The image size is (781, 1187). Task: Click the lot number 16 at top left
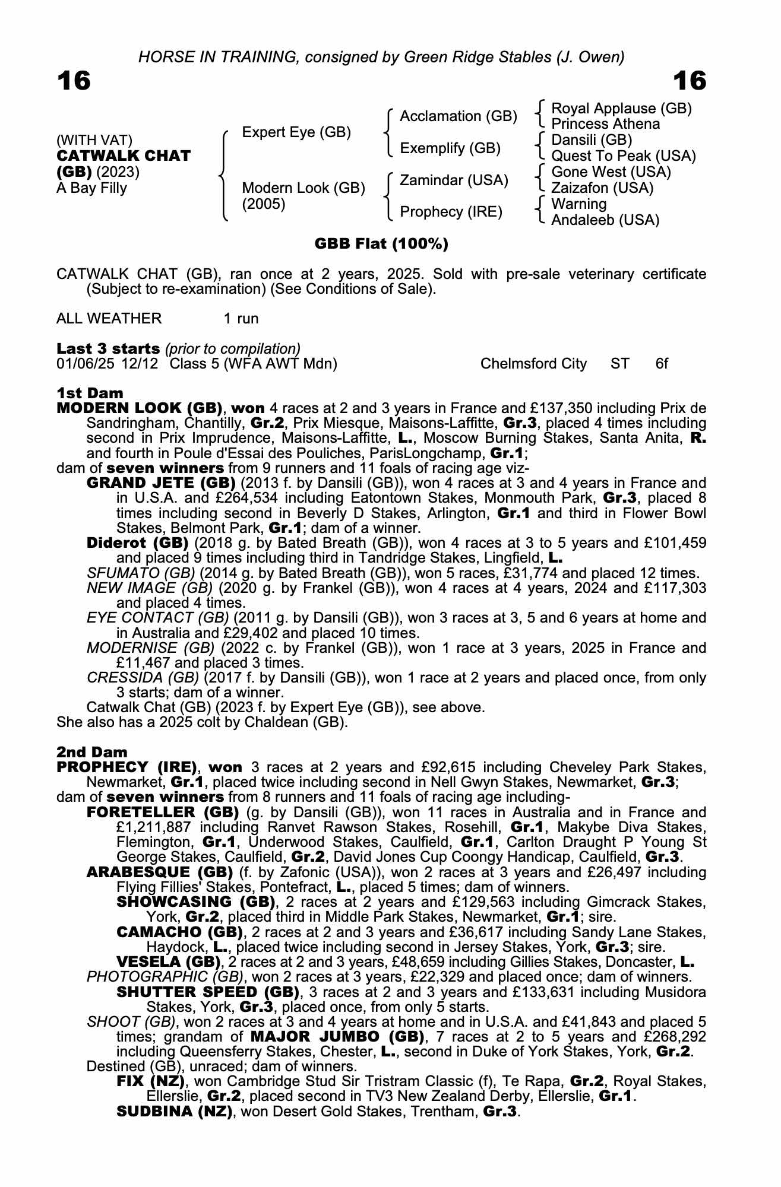74,81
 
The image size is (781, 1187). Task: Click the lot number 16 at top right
690,81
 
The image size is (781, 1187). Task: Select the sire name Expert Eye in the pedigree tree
296,132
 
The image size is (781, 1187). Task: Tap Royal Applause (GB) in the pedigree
621,109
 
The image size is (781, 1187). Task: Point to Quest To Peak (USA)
623,156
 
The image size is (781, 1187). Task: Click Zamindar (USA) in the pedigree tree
454,180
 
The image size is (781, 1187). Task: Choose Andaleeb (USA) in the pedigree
605,220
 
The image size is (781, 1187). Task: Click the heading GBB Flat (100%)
381,244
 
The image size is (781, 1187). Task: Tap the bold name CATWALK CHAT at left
124,156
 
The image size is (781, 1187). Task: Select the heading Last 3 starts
108,348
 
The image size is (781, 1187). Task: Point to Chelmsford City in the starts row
533,364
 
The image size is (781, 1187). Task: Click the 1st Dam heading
90,393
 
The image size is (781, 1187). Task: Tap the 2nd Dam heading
91,753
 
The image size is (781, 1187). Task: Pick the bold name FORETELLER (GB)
162,812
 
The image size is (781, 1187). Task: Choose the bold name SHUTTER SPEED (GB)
208,992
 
